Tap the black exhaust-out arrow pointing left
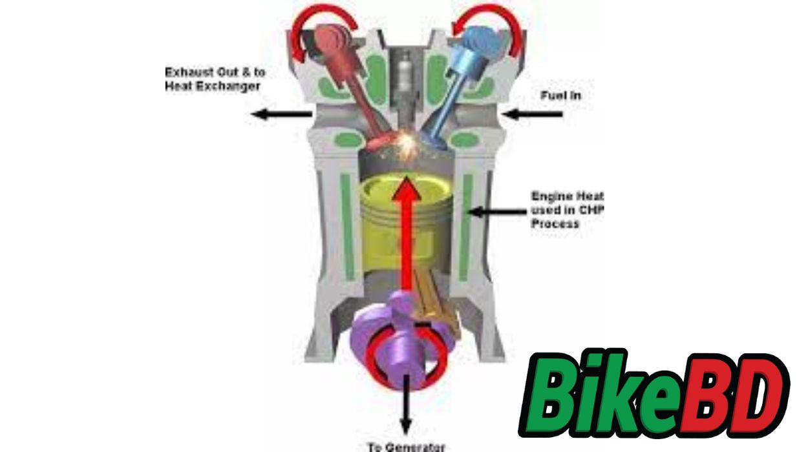point(281,114)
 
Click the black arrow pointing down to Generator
point(406,407)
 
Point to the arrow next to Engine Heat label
point(498,211)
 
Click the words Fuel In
point(560,96)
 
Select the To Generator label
point(406,446)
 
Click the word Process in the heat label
point(555,224)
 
